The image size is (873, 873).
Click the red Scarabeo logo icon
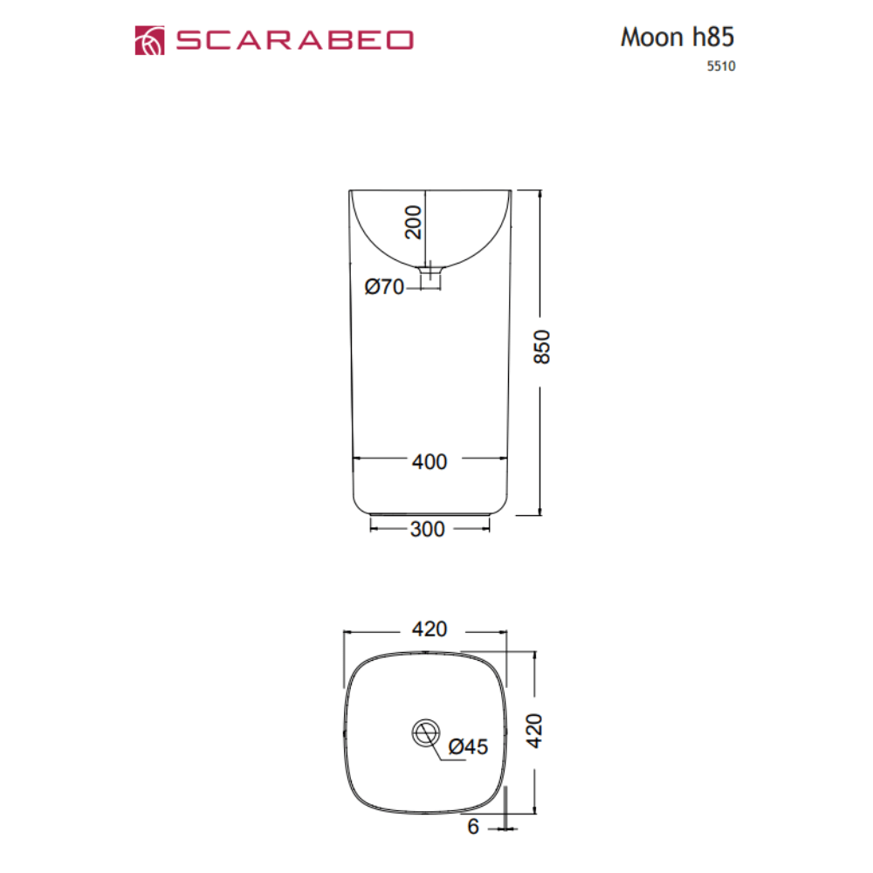tap(149, 40)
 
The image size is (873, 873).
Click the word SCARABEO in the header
tap(294, 40)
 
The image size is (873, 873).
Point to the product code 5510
tap(719, 65)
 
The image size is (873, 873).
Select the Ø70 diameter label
tap(384, 286)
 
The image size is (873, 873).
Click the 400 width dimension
tap(429, 461)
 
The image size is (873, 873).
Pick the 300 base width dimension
tap(428, 529)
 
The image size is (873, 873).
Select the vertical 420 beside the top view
tap(534, 731)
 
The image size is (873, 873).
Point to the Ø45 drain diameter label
tap(468, 746)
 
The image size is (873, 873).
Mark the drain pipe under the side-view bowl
tap(430, 278)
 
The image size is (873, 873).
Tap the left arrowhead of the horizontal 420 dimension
tap(348, 631)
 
